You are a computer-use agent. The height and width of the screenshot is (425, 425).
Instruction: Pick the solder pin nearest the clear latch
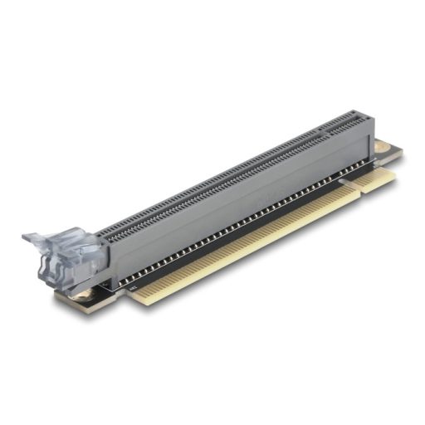click(x=121, y=282)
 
